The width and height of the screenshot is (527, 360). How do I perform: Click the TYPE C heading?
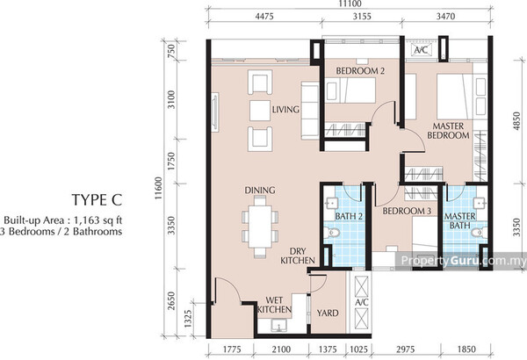click(x=97, y=199)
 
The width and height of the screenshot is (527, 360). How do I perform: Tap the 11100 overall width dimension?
click(x=350, y=4)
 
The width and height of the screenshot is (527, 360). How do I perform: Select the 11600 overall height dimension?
click(x=159, y=188)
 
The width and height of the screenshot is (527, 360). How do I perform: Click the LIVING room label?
click(x=285, y=109)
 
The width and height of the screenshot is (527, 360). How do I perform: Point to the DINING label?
click(x=260, y=191)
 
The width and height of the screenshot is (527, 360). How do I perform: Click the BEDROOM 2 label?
click(x=360, y=70)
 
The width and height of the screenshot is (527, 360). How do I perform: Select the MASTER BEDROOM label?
click(x=448, y=131)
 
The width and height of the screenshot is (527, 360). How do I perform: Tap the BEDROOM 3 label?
click(x=407, y=211)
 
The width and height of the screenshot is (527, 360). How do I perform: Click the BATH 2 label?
click(x=349, y=216)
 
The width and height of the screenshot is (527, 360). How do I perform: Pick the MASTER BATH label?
click(x=459, y=220)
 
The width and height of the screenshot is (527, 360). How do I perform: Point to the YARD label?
click(x=328, y=313)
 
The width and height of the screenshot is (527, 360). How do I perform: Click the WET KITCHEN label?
click(x=274, y=305)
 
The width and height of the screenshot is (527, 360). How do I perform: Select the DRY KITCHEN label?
click(x=298, y=256)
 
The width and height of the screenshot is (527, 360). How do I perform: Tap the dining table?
click(x=260, y=227)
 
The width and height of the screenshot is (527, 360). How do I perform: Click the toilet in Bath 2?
click(x=332, y=233)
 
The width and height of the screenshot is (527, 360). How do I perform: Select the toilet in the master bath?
click(x=479, y=233)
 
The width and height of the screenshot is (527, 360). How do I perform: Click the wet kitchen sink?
click(x=278, y=326)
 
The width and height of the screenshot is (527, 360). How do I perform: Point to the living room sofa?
click(x=309, y=111)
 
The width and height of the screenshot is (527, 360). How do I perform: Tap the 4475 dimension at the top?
click(x=264, y=16)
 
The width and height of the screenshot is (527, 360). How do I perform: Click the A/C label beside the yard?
click(x=362, y=302)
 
